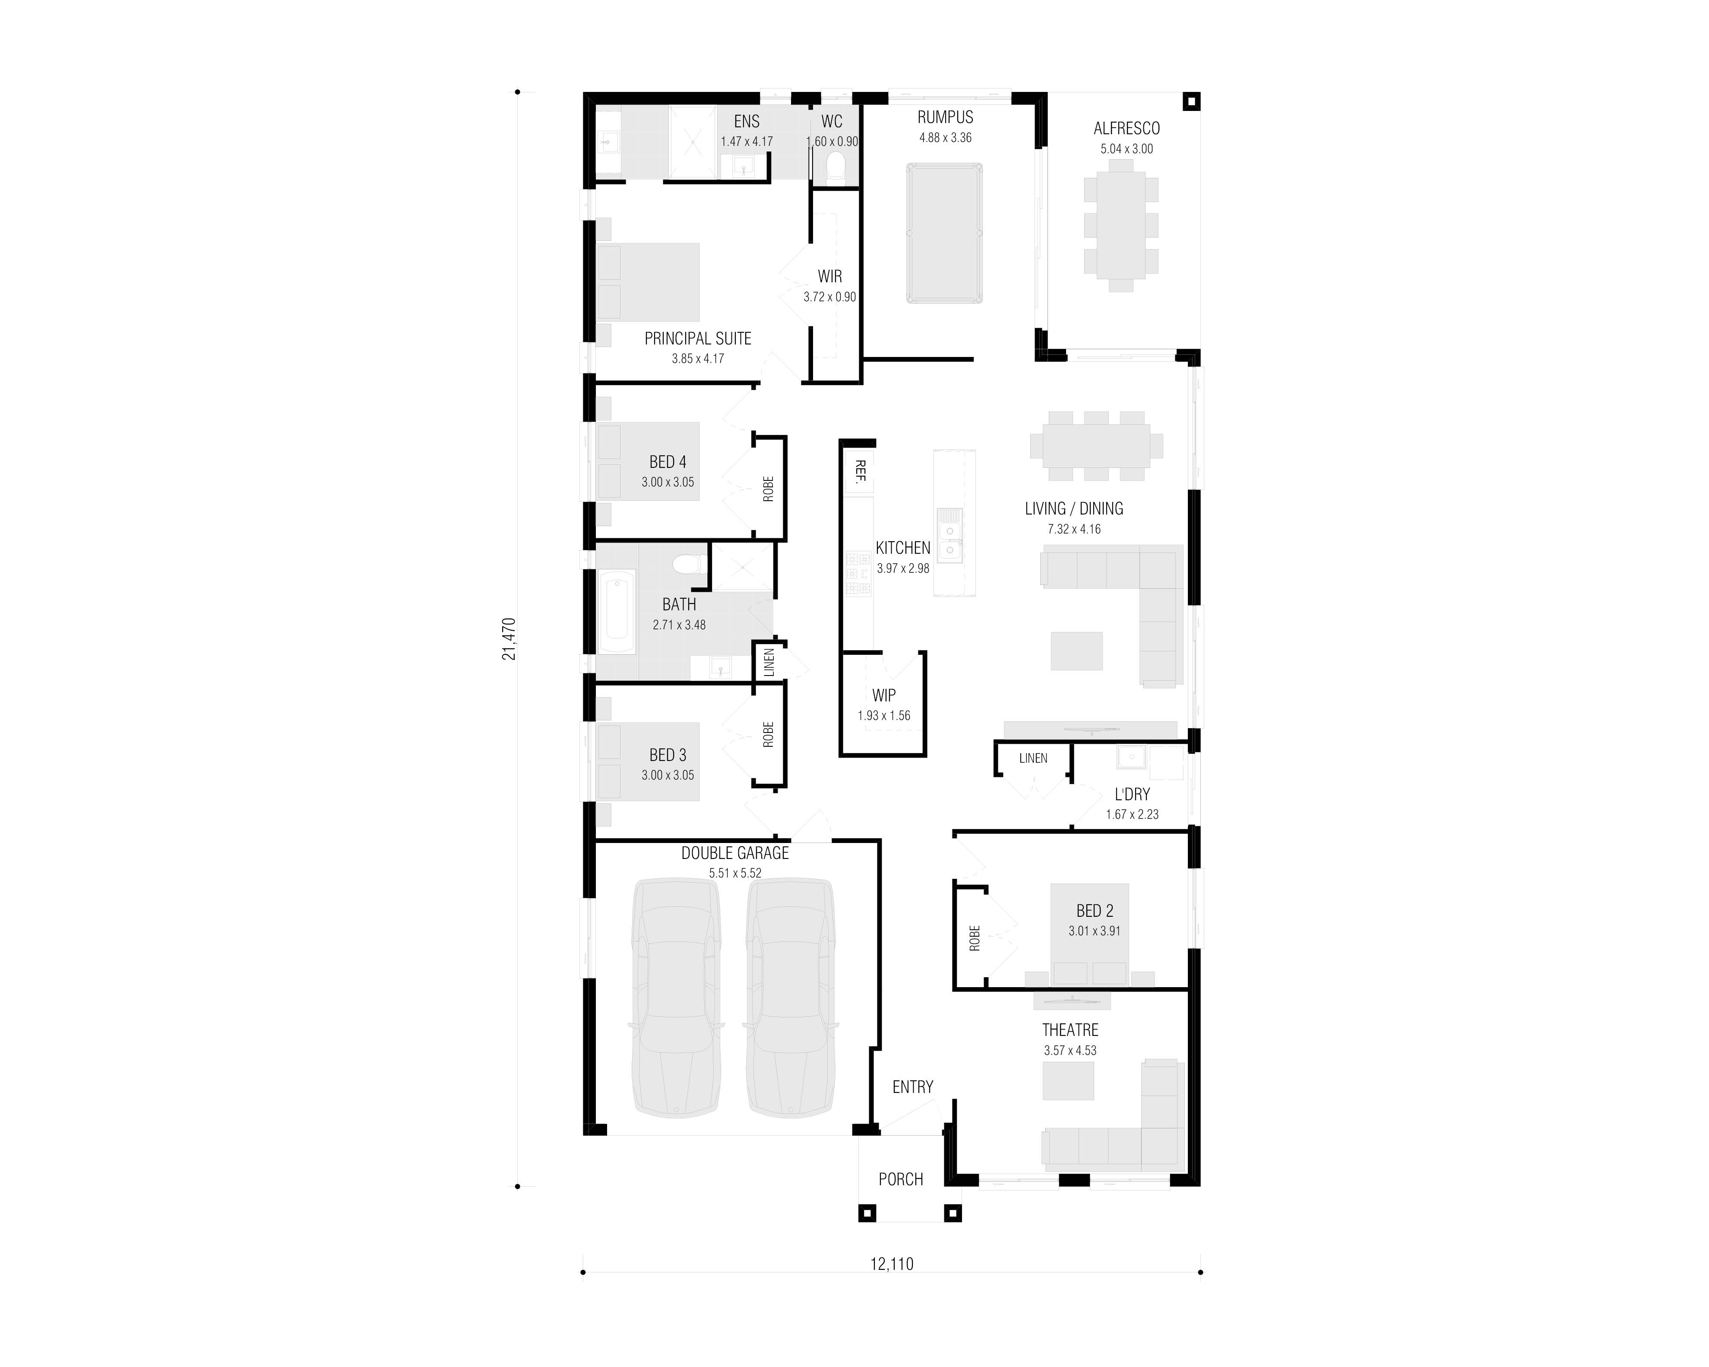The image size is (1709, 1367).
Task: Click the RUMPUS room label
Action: pyautogui.click(x=945, y=117)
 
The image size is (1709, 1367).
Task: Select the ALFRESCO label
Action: pyautogui.click(x=1127, y=128)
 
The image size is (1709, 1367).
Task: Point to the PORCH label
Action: pyautogui.click(x=900, y=1179)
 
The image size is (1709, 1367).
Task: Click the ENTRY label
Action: pyautogui.click(x=912, y=1087)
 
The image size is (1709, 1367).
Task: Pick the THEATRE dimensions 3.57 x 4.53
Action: pyautogui.click(x=1070, y=1051)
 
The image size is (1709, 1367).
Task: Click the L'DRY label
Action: pyautogui.click(x=1132, y=795)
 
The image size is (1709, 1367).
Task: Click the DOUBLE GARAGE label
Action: pyautogui.click(x=735, y=853)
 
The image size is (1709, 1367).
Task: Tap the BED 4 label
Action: pyautogui.click(x=668, y=462)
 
